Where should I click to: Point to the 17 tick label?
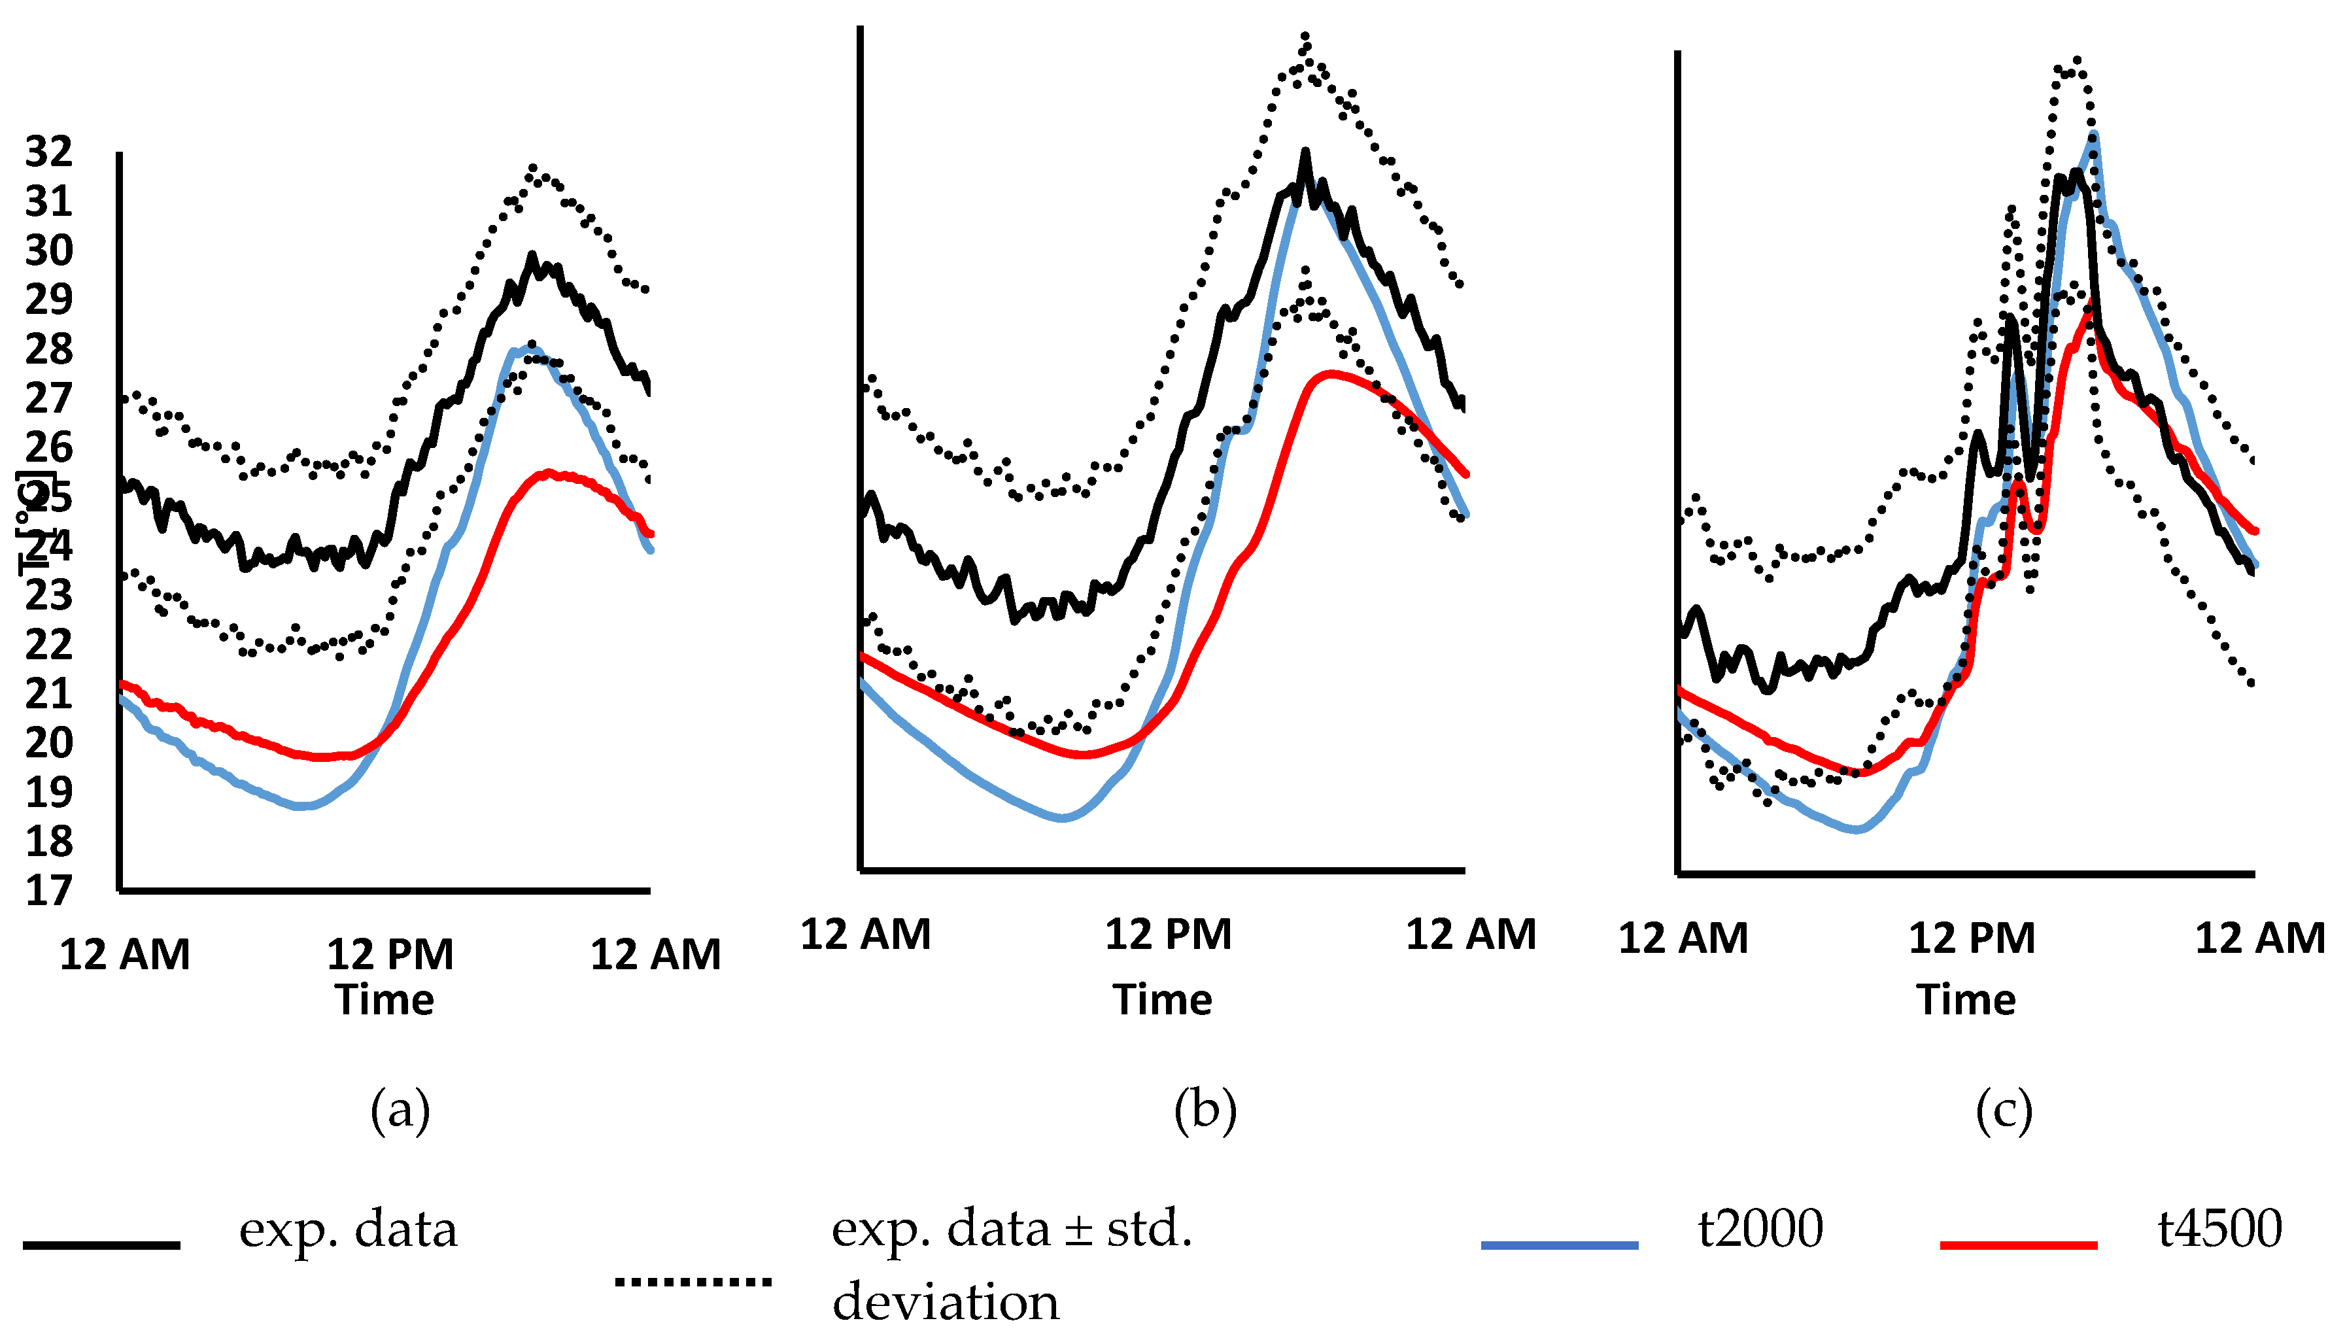coord(49,891)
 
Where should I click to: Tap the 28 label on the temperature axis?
coord(49,349)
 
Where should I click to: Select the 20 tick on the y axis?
coord(49,743)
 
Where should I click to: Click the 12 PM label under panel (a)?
coord(390,955)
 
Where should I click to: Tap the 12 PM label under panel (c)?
coord(1972,939)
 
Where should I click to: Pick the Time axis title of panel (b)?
coord(1162,1000)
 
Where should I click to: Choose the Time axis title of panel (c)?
coord(1966,1000)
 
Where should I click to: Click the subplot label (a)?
coord(400,1110)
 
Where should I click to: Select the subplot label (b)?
coord(1205,1110)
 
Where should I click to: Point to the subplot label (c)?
coord(2004,1110)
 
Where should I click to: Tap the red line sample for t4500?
coord(2018,1245)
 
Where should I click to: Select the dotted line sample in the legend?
coord(693,1281)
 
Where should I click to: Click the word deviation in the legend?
coord(946,1302)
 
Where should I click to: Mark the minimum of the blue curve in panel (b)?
coord(1063,817)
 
